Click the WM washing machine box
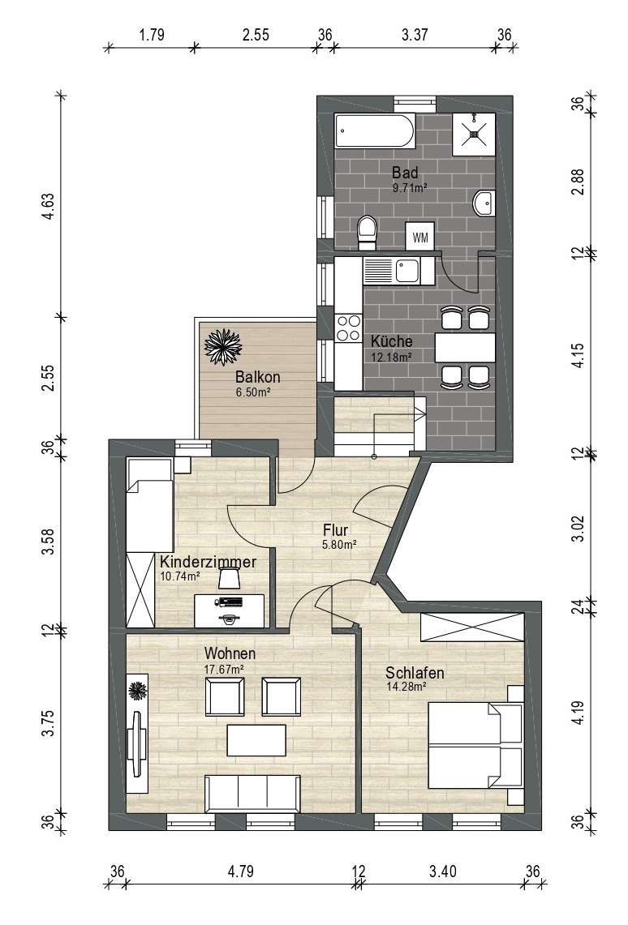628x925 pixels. coord(420,237)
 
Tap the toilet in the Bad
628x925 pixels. coord(367,232)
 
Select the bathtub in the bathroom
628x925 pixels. coord(375,131)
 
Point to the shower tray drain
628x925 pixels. coord(473,133)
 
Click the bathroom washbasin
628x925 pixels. coord(484,204)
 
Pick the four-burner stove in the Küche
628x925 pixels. coord(348,328)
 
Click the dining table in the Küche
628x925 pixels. coord(465,348)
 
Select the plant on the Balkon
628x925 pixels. coord(222,346)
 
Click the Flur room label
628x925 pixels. coord(335,529)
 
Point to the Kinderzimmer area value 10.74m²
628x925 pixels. coord(180,576)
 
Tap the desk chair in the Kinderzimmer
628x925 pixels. coord(229,578)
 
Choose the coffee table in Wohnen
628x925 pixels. coord(256,740)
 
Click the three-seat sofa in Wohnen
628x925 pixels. coord(252,794)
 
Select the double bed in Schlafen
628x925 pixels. coord(476,744)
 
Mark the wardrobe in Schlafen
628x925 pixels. coord(471,627)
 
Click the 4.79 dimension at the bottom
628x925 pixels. coord(241,871)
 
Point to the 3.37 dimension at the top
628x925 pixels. coord(415,34)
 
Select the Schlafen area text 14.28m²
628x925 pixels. coord(406,686)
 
